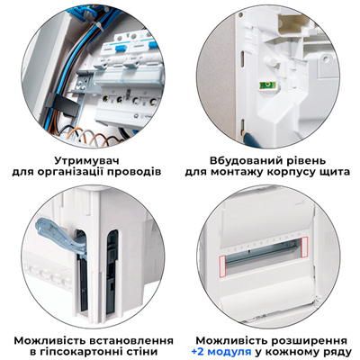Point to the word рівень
[x=304, y=155]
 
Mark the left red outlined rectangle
[x=222, y=262]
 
